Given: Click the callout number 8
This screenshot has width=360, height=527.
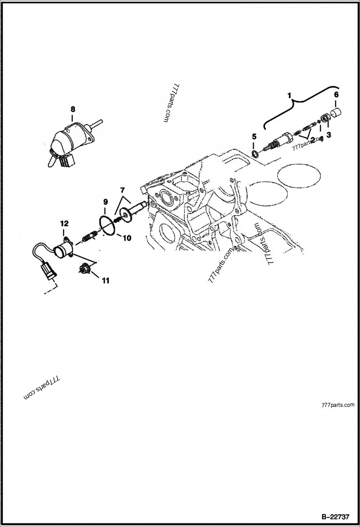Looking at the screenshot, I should point(72,109).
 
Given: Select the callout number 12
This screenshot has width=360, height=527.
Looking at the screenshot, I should point(64,223).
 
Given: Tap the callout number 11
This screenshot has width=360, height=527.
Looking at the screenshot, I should point(105,281).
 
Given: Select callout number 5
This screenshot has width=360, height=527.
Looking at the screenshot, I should point(254,136).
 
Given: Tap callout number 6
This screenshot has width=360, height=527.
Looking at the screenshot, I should point(336,94).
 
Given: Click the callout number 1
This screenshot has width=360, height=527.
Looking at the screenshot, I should point(290,96).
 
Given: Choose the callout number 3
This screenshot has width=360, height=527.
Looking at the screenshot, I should point(328,135).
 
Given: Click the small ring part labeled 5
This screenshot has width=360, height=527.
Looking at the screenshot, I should point(255,154).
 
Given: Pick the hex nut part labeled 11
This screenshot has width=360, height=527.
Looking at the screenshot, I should point(84,269).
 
